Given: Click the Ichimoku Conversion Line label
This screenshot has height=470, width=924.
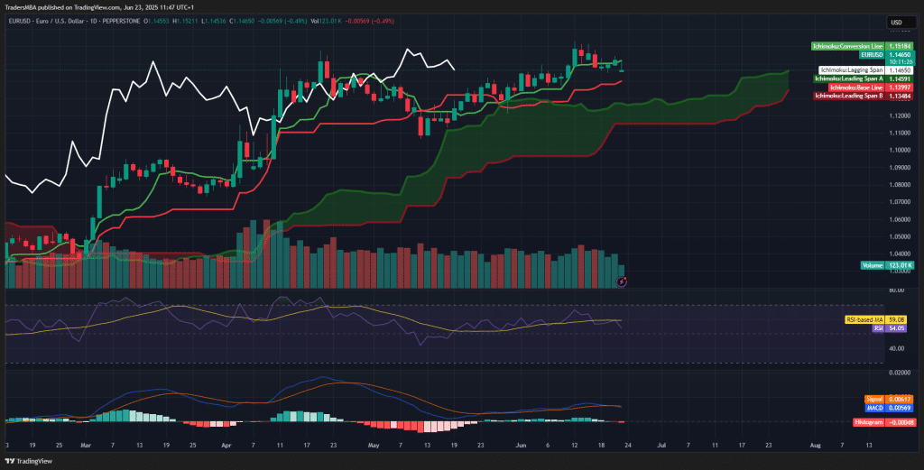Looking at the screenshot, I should (x=847, y=45).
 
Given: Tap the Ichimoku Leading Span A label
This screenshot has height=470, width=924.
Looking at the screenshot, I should (x=847, y=78).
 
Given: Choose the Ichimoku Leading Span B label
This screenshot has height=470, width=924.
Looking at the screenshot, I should (x=847, y=95).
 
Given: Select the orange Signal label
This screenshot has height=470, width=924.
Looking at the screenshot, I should (x=873, y=399).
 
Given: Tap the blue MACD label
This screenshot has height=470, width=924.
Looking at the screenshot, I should (x=873, y=407).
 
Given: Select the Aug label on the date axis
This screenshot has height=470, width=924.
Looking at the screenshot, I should (x=816, y=445).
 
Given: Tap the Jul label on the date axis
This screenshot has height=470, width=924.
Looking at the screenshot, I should (x=661, y=445).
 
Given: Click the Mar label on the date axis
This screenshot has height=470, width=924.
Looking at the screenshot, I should (x=86, y=445).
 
